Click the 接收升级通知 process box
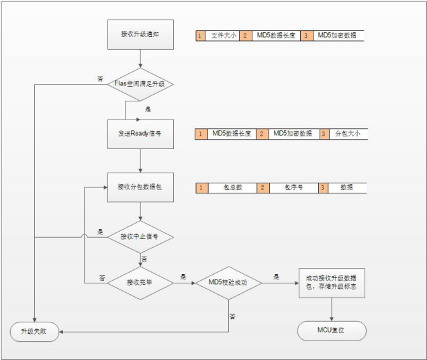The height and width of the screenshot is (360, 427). pos(139,34)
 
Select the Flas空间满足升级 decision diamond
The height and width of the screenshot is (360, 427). pos(140,85)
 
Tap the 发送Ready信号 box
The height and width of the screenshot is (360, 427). pos(139,134)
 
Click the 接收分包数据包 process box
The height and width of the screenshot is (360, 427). pos(139,187)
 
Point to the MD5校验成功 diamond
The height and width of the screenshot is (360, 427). pos(228,283)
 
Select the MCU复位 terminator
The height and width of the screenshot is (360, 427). pos(331,331)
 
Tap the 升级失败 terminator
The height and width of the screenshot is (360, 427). pos(35,331)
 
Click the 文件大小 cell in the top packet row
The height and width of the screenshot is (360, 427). pos(223,35)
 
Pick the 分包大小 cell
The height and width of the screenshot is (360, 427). pos(348,134)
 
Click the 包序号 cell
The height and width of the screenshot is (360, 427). pos(289,187)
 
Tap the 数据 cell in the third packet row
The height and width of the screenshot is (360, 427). pos(346,187)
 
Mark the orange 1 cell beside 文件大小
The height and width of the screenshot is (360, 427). pos(199,35)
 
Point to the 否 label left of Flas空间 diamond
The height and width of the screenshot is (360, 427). pos(100,79)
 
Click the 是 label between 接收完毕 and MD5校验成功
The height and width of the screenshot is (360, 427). pos(183,276)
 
